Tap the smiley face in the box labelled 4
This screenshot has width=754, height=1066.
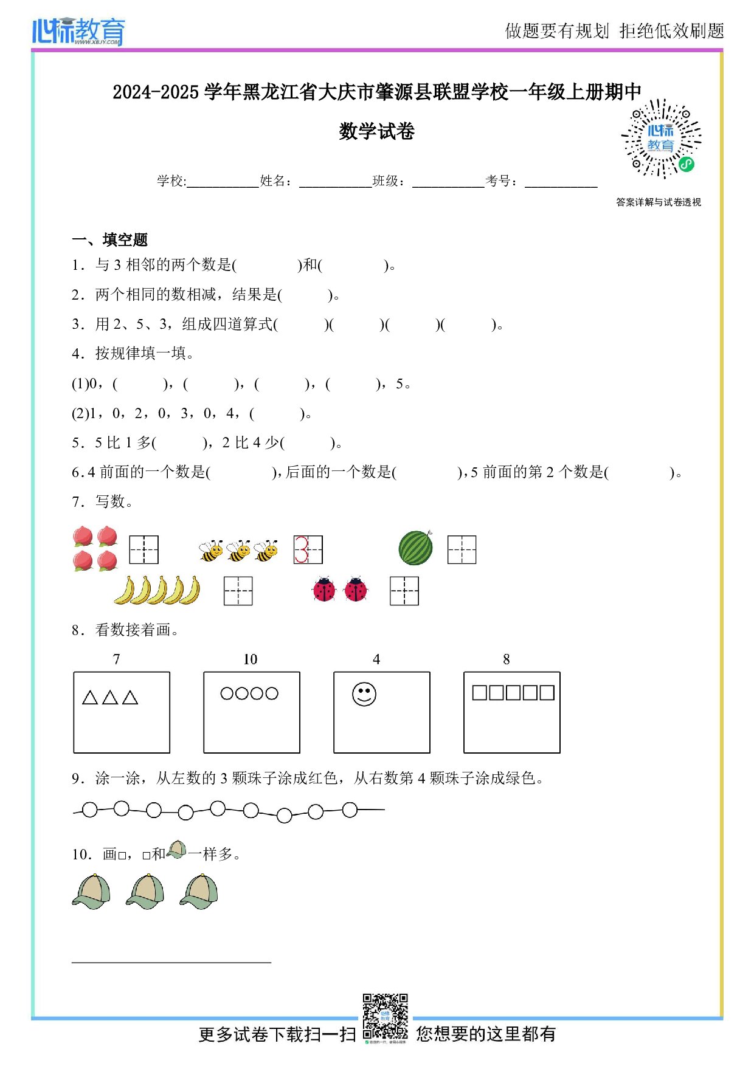pyautogui.click(x=364, y=694)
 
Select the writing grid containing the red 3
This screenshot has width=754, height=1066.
pyautogui.click(x=308, y=549)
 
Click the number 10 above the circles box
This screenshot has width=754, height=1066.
pyautogui.click(x=250, y=659)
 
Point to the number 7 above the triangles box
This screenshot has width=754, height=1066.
pyautogui.click(x=116, y=659)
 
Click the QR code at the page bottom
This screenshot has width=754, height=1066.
pyautogui.click(x=385, y=1016)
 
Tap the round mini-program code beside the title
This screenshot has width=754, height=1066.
pyautogui.click(x=661, y=139)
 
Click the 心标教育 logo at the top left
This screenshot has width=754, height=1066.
pyautogui.click(x=78, y=31)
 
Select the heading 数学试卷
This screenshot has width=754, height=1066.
pyautogui.click(x=376, y=131)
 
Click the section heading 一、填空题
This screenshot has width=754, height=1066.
pyautogui.click(x=110, y=239)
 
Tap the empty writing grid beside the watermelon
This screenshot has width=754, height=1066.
pyautogui.click(x=462, y=549)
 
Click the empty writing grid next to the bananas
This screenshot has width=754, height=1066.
pyautogui.click(x=238, y=591)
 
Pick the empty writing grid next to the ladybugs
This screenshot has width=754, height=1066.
pyautogui.click(x=404, y=591)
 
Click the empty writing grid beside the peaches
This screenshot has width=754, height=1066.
pyautogui.click(x=144, y=549)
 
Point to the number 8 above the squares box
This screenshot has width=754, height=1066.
pyautogui.click(x=506, y=659)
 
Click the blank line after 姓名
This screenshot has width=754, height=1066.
pyautogui.click(x=335, y=182)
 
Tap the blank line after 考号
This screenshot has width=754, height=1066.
pyautogui.click(x=561, y=182)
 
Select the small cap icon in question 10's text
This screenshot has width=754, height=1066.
pyautogui.click(x=176, y=850)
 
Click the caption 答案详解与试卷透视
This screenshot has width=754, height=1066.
pyautogui.click(x=658, y=202)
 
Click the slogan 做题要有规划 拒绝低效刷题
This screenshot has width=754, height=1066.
pyautogui.click(x=614, y=31)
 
